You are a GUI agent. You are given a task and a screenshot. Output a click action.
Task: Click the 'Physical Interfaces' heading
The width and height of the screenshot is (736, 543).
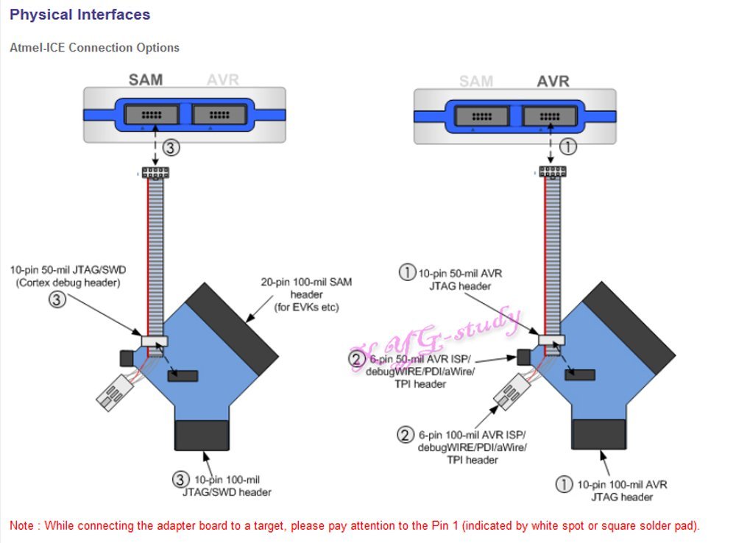click(x=79, y=15)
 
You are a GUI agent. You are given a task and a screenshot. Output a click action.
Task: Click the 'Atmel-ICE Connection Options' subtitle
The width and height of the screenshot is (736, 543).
click(x=94, y=48)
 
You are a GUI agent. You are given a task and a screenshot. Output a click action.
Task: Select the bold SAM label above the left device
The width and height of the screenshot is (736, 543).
click(x=146, y=79)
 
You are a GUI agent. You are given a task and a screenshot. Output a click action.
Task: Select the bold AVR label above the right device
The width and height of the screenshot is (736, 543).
click(x=553, y=81)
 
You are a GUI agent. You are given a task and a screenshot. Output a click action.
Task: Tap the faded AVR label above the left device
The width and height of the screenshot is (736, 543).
click(x=223, y=79)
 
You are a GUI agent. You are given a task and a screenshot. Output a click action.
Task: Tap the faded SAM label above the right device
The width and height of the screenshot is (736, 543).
click(x=476, y=81)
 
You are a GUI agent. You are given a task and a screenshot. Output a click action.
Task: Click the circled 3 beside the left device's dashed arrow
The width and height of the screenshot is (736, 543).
click(x=171, y=148)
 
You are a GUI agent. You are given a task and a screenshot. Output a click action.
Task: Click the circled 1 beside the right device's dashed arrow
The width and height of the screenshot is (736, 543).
click(x=568, y=147)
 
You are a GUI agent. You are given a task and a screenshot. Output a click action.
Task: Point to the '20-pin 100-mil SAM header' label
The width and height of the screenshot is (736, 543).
click(x=306, y=295)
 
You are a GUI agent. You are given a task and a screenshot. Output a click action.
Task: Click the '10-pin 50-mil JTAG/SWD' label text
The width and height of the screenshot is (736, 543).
click(x=68, y=270)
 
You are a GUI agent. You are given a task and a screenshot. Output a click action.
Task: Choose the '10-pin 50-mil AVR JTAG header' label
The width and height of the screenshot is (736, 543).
click(x=460, y=280)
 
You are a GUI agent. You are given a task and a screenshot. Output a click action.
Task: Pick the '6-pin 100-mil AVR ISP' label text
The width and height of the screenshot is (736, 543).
click(x=473, y=435)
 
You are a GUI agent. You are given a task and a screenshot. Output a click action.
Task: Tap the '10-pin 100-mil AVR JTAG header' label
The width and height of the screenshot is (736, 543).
click(x=622, y=491)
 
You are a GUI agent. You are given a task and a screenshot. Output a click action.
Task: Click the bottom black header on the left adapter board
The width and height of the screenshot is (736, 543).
click(x=202, y=436)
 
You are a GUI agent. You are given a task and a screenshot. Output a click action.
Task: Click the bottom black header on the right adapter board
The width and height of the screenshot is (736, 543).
click(x=598, y=434)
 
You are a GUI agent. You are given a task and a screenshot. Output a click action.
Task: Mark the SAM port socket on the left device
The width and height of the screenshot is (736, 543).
click(x=151, y=115)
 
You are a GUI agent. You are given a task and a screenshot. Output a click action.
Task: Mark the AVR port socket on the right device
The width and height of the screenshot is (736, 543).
click(x=550, y=116)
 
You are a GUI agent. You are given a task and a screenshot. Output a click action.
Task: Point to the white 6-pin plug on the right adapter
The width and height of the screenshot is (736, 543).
click(x=512, y=391)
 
